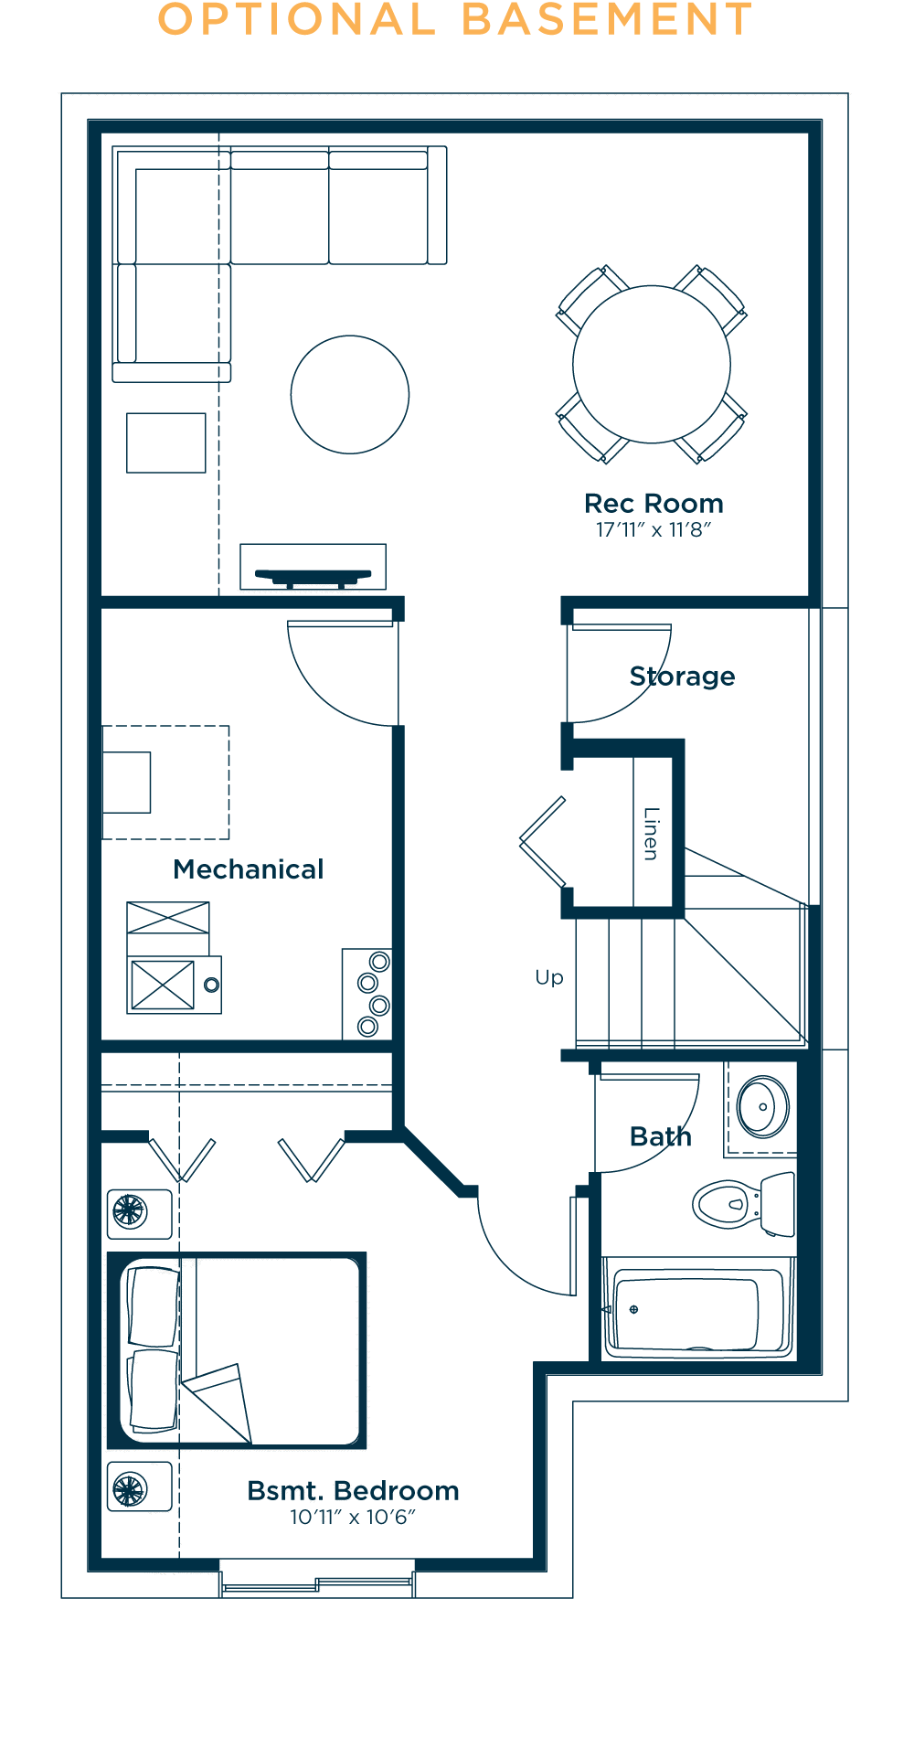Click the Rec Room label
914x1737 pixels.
(x=654, y=504)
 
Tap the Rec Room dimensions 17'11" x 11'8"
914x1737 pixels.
(x=654, y=530)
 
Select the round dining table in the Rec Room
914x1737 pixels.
(x=652, y=365)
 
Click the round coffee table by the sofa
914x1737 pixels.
(x=350, y=394)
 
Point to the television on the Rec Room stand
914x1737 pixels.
(x=314, y=577)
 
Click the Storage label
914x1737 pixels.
(x=683, y=677)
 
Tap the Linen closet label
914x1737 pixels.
(x=651, y=834)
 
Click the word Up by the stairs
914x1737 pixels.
(x=549, y=978)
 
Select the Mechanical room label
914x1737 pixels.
(x=249, y=869)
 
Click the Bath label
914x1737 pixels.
(x=661, y=1136)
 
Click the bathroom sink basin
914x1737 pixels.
(x=763, y=1107)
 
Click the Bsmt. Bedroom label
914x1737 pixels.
(x=353, y=1491)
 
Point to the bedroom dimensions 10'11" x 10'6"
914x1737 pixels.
(x=353, y=1518)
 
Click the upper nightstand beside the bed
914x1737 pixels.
(x=140, y=1213)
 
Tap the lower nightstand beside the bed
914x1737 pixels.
(x=140, y=1487)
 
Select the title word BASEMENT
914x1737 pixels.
(x=607, y=20)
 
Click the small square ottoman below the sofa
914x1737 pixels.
(x=166, y=442)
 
